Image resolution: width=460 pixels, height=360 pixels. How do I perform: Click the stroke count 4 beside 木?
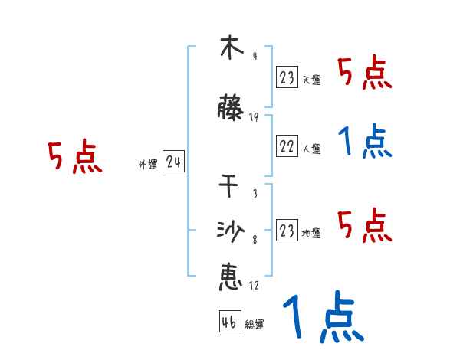254,55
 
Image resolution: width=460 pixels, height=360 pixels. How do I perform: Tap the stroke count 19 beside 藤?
254,117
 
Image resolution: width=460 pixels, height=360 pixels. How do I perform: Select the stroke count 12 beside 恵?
254,286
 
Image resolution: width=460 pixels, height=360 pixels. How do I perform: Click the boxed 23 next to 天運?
287,77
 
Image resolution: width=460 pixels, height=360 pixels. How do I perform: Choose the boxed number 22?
287,147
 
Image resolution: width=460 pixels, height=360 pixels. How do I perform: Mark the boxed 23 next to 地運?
287,231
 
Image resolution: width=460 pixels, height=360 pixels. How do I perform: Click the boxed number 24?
173,162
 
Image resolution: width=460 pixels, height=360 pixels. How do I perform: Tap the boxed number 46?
229,322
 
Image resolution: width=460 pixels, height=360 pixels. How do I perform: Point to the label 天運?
311,80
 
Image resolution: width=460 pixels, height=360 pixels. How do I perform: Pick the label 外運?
148,165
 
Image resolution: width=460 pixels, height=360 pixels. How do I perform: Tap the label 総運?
255,325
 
